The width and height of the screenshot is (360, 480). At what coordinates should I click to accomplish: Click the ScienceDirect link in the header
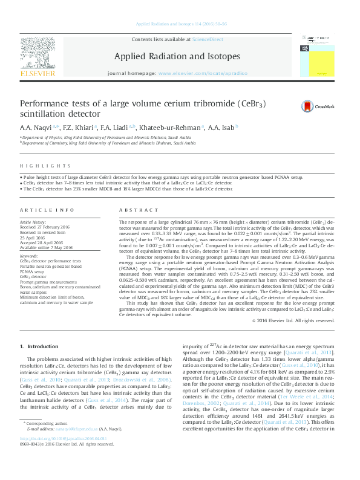(x=208, y=39)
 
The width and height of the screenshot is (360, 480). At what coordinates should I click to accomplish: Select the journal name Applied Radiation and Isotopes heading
(x=177, y=57)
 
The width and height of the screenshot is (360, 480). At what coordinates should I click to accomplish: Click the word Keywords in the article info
(x=29, y=256)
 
